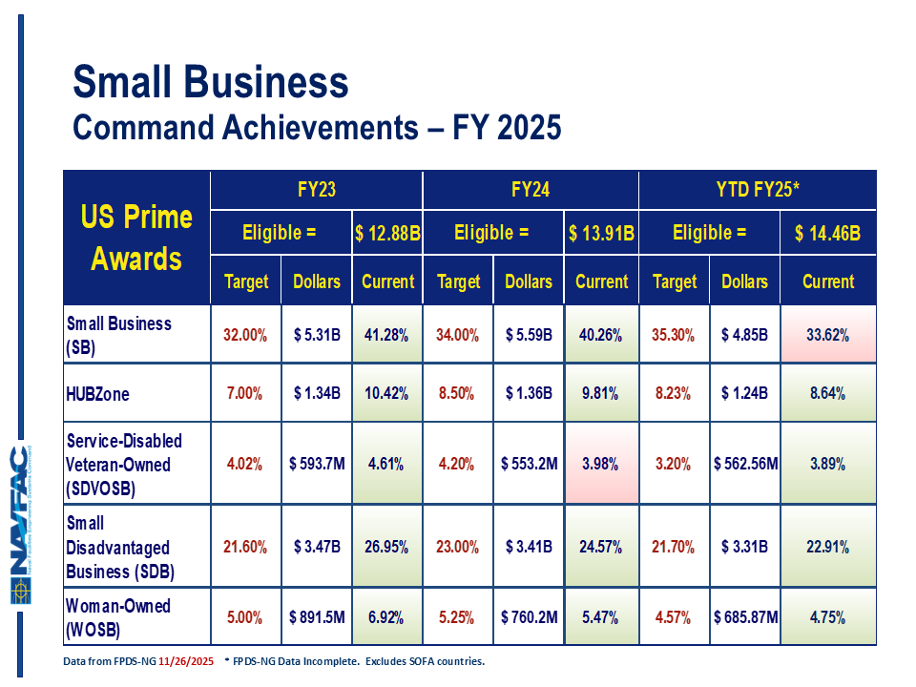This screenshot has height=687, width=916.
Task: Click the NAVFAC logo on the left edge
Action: point(21,524)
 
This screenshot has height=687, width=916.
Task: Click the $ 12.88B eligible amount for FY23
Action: point(387,233)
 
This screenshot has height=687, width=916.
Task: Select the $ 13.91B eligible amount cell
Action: point(601,233)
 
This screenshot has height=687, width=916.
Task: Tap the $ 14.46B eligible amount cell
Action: point(827,233)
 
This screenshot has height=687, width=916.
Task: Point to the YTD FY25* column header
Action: point(757,190)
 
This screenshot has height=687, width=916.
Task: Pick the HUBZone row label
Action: point(97,393)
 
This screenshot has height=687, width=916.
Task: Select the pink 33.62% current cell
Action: point(827,335)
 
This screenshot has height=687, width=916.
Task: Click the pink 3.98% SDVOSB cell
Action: point(601,465)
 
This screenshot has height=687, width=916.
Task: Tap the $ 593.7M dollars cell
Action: point(316,465)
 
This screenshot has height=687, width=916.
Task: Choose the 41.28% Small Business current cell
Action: point(387,335)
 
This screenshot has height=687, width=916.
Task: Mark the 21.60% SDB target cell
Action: point(244,548)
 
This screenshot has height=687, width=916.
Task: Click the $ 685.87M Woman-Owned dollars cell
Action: point(745,617)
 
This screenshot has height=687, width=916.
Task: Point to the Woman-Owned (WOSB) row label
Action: point(118,616)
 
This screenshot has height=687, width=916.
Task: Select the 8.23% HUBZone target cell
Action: point(674,393)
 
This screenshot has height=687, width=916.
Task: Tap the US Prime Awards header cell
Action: point(136,238)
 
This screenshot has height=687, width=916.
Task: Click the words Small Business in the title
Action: point(211,84)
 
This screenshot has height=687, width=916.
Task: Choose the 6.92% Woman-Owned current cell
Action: point(387,617)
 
